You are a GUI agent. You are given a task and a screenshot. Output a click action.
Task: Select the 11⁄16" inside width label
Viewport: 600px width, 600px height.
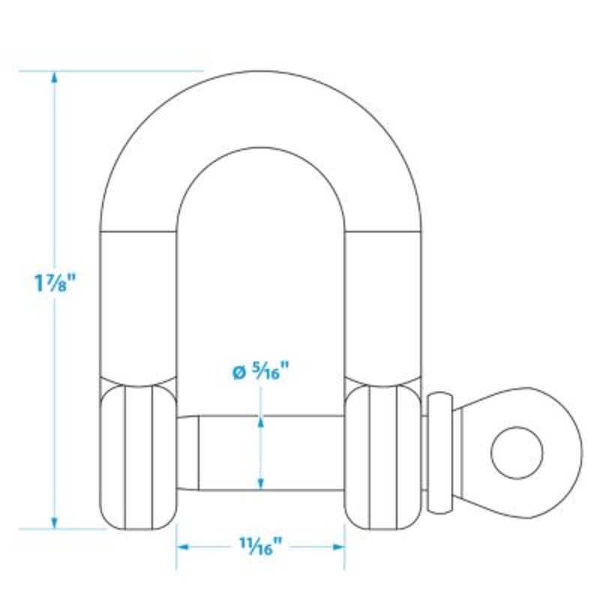tap(261, 547)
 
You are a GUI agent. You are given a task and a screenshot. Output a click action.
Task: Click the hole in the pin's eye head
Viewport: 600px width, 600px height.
tap(516, 451)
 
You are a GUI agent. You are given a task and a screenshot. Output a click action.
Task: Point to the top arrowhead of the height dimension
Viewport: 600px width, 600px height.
tap(54, 77)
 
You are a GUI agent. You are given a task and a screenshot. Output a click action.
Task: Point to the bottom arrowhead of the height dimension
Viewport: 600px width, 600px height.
tap(54, 522)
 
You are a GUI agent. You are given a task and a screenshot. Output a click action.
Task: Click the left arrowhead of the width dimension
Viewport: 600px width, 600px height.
tap(183, 547)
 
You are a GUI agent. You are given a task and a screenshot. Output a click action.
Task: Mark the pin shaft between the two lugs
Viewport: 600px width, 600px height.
tap(225, 452)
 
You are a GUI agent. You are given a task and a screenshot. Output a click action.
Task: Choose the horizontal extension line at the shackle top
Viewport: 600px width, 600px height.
tap(112, 71)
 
